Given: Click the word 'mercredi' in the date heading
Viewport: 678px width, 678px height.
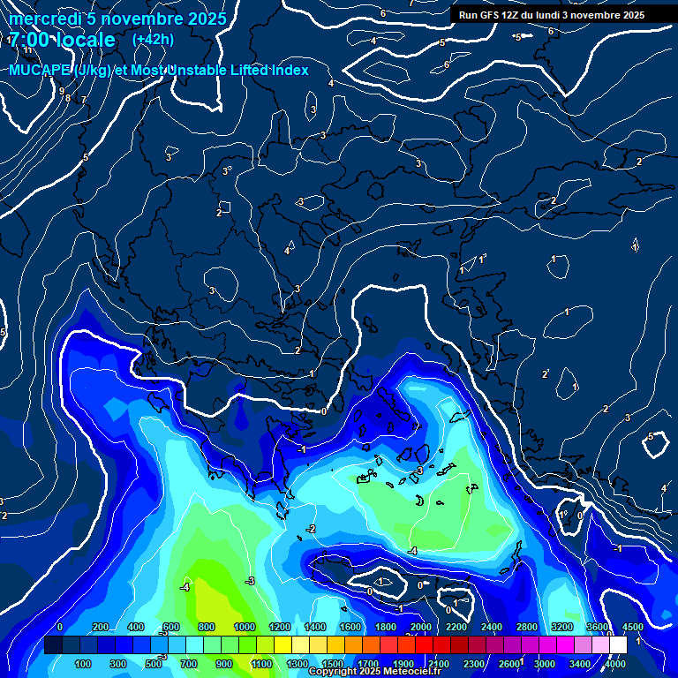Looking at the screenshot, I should pyautogui.click(x=41, y=19).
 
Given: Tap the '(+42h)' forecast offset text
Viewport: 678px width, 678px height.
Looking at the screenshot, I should pyautogui.click(x=153, y=39).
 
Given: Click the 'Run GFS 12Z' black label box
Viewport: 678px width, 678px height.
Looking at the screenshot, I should pyautogui.click(x=552, y=15).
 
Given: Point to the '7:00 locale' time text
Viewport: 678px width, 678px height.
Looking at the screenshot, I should pyautogui.click(x=62, y=40).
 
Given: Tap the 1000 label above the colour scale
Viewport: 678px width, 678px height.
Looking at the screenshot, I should pyautogui.click(x=244, y=627).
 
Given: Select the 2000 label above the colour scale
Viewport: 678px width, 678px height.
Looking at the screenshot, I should pyautogui.click(x=420, y=627).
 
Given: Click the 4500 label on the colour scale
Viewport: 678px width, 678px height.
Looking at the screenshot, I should pyautogui.click(x=632, y=627).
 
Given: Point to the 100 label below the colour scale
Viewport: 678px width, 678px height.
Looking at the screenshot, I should pyautogui.click(x=84, y=664).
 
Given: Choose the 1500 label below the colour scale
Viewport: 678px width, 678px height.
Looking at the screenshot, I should pyautogui.click(x=333, y=664).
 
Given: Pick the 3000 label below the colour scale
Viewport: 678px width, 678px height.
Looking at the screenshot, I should pyautogui.click(x=545, y=664).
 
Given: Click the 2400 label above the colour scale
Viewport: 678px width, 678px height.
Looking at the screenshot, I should pyautogui.click(x=491, y=627).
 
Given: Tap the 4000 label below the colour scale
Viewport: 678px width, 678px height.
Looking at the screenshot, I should pyautogui.click(x=615, y=664).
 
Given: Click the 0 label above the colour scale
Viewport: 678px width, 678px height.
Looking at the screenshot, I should pyautogui.click(x=59, y=627).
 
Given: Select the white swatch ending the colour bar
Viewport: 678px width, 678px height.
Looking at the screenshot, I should pyautogui.click(x=618, y=645).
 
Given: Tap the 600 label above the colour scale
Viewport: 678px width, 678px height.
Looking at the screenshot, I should pyautogui.click(x=172, y=627).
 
